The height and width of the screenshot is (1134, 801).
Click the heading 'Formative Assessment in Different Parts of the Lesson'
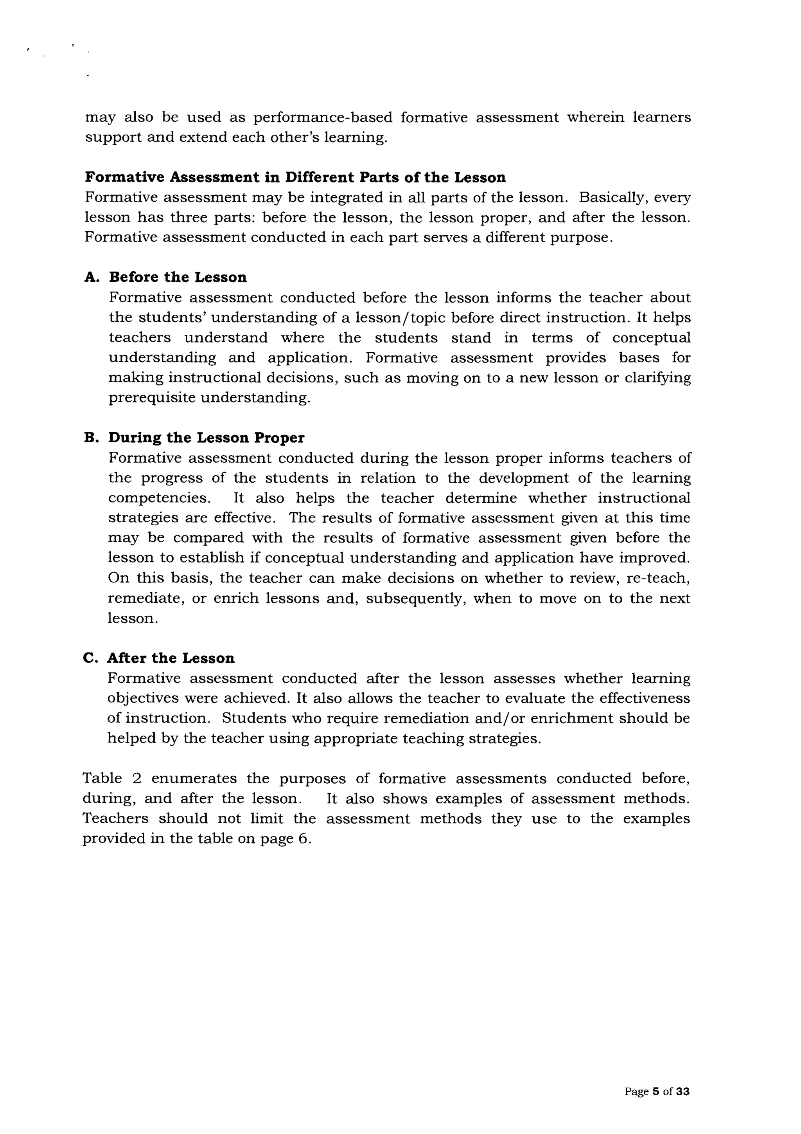[x=295, y=177]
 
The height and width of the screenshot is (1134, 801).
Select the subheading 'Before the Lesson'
[x=178, y=277]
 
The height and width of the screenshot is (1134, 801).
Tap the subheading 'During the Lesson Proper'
[x=206, y=438]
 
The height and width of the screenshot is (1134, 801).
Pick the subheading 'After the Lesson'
[x=171, y=658]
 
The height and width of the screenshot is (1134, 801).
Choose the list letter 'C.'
[x=91, y=658]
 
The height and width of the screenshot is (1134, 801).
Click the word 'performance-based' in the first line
[x=323, y=117]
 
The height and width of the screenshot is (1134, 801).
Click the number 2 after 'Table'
[x=137, y=779]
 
